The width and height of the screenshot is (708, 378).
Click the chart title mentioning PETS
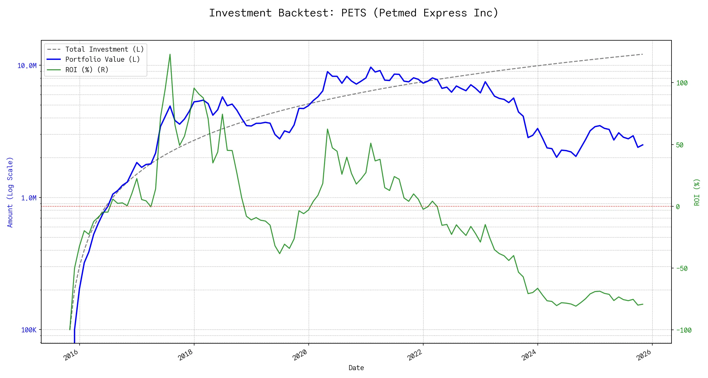pyautogui.click(x=354, y=13)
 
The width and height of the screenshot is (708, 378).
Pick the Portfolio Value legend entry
pyautogui.click(x=103, y=59)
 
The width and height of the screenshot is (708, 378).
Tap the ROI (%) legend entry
pyautogui.click(x=87, y=70)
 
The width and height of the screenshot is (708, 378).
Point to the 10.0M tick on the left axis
pyautogui.click(x=27, y=66)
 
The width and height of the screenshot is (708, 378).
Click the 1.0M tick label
pyautogui.click(x=29, y=198)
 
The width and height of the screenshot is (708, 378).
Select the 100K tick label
pyautogui.click(x=29, y=330)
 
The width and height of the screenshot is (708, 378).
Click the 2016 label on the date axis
pyautogui.click(x=71, y=355)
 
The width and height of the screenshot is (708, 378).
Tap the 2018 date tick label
pyautogui.click(x=186, y=355)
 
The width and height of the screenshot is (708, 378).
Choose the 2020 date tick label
pyautogui.click(x=300, y=355)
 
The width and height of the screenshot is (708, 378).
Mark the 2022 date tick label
pyautogui.click(x=415, y=355)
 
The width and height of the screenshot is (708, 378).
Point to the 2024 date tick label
pyautogui.click(x=529, y=355)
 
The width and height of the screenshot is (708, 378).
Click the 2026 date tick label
pyautogui.click(x=644, y=355)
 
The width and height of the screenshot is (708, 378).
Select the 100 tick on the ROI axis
pyautogui.click(x=682, y=83)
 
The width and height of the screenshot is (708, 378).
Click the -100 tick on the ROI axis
pyautogui.click(x=684, y=330)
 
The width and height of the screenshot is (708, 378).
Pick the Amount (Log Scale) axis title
pyautogui.click(x=10, y=192)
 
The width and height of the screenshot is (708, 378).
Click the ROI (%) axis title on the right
pyautogui.click(x=697, y=192)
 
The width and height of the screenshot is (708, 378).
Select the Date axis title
pyautogui.click(x=356, y=368)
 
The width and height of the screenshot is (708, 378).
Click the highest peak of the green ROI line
pyautogui.click(x=170, y=54)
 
